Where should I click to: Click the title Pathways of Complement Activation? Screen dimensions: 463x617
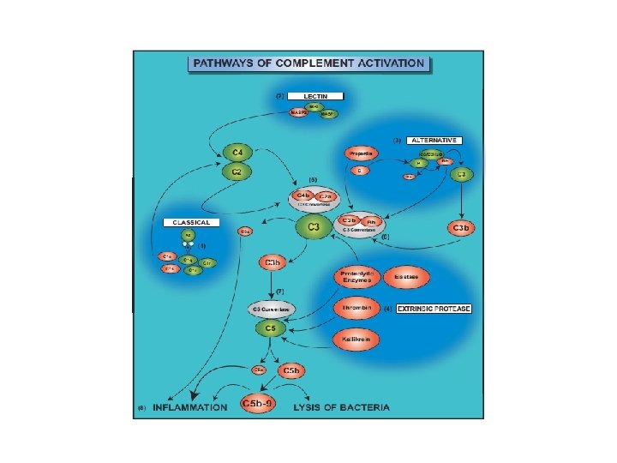pos(309,63)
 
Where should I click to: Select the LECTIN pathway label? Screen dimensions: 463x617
pos(315,96)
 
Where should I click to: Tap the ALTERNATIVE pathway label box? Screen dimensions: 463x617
pos(435,140)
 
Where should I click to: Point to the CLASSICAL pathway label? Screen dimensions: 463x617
pos(192,222)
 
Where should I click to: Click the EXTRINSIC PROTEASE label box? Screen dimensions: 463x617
pos(434,308)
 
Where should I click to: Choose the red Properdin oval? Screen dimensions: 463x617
pos(362,153)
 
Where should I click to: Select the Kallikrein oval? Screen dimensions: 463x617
pos(356,340)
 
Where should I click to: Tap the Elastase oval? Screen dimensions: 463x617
pos(405,277)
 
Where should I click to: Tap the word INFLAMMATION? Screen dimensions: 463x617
pos(190,406)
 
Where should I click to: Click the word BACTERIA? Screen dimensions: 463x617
pos(365,406)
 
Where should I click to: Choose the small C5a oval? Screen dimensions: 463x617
pos(258,370)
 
